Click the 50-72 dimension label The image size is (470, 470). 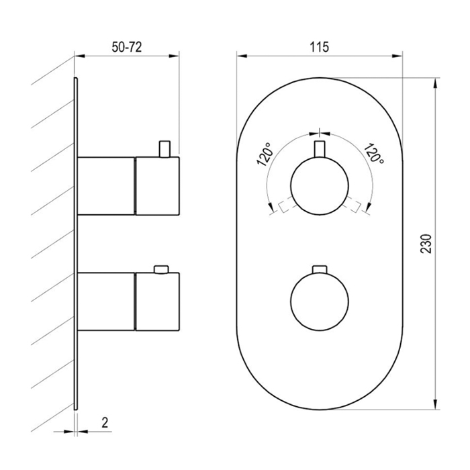(126, 47)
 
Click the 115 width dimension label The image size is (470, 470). (319, 47)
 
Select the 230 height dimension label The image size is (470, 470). (426, 243)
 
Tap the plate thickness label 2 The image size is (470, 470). (105, 422)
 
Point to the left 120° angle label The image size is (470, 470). (265, 154)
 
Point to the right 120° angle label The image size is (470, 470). (374, 153)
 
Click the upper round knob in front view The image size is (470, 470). (320, 186)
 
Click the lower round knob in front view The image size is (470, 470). (320, 301)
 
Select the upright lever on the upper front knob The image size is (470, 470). (320, 149)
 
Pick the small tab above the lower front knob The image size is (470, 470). (320, 269)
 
